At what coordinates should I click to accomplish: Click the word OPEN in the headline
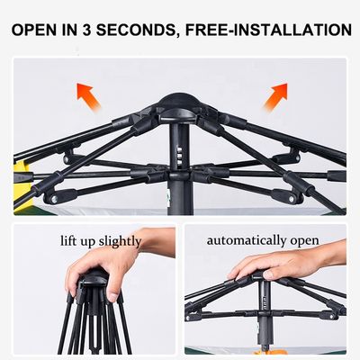[x=34, y=31]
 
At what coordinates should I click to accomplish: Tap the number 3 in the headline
[x=86, y=31]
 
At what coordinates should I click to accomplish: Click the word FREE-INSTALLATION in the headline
[x=268, y=31]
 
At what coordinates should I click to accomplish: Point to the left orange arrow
[x=88, y=97]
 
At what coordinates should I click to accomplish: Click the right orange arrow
[x=275, y=96]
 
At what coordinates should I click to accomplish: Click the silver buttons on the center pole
[x=179, y=155]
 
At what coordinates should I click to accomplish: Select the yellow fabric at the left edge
[x=23, y=186]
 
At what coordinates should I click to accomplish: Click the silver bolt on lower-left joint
[x=54, y=200]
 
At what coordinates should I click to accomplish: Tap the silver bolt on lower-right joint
[x=292, y=199]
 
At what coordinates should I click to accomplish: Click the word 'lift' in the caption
[x=67, y=240]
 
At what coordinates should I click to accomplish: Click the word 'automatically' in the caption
[x=247, y=240]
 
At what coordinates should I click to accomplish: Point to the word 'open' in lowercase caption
[x=304, y=241]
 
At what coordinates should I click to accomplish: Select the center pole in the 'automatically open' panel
[x=265, y=312]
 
